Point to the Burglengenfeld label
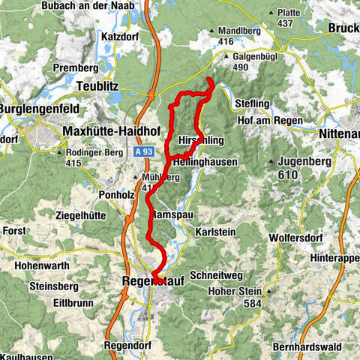click(x=34, y=108)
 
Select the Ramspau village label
click(x=170, y=215)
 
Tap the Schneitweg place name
click(x=215, y=275)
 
